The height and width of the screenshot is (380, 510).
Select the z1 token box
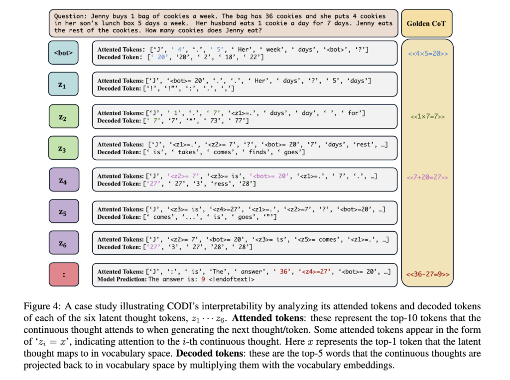[x=64, y=85]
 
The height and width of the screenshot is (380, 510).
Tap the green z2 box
[x=64, y=117]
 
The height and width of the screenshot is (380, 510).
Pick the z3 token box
[x=64, y=148]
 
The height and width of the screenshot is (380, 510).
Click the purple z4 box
[x=64, y=180]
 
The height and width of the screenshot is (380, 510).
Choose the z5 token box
[x=64, y=211]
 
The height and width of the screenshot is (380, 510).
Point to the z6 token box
[x=64, y=243]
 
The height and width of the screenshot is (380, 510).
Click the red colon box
[x=64, y=275]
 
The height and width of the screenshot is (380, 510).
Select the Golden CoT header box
[x=427, y=23]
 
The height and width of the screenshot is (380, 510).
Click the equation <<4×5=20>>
[x=427, y=52]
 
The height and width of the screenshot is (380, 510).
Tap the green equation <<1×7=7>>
[x=427, y=116]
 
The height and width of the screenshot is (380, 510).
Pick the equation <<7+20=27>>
[x=427, y=177]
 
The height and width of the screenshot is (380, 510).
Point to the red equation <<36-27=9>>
[x=427, y=274]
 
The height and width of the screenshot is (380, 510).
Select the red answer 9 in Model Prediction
[x=203, y=279]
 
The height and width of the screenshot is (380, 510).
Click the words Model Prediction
[x=122, y=279]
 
